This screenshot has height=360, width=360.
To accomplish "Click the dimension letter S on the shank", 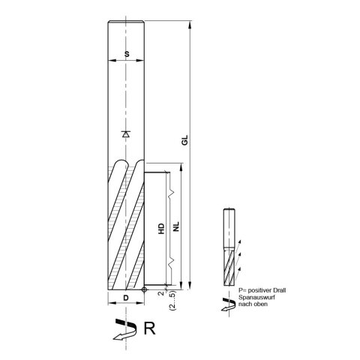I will coord(125,54).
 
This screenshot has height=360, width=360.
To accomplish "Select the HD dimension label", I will coord(161,230).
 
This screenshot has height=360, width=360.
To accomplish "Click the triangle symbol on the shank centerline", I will coord(125,134).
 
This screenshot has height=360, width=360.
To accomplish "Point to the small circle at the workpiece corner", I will coord(144,288).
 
